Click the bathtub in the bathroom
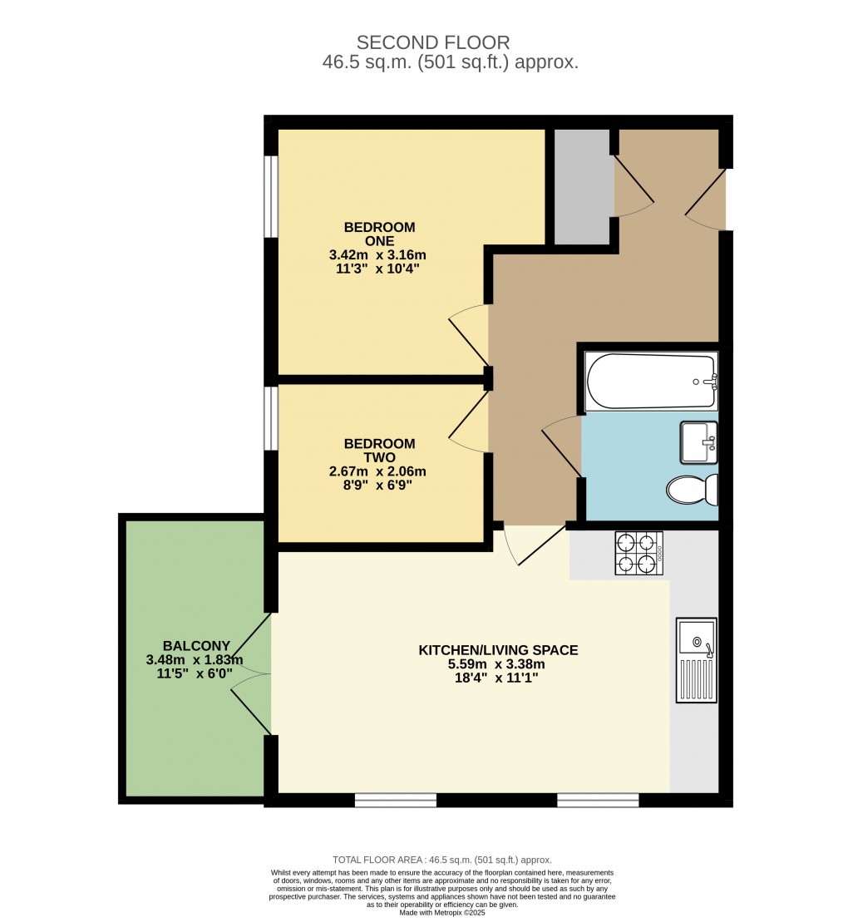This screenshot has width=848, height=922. coord(650,382)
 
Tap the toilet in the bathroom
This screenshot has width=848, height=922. coord(693,490)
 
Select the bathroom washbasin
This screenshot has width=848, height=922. coord(698,441)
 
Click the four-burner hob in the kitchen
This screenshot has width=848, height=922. coord(638,554)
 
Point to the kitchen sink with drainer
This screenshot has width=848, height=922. coord(696,660)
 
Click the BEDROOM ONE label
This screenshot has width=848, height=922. coord(379,234)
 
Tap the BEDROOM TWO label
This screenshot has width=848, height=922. coord(379,451)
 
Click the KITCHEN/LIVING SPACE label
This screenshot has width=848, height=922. coord(497,650)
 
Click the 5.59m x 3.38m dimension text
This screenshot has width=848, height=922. coord(497,664)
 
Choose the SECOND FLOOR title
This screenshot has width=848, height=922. coord(432,42)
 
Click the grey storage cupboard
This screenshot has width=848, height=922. coord(582,187)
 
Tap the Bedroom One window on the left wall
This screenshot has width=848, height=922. coord(270,196)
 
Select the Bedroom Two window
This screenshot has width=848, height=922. coord(270,419)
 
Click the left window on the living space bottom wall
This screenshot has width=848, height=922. coord(396,800)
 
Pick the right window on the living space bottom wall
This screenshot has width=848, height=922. coord(598,800)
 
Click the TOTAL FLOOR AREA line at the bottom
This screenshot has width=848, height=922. coord(442,860)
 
